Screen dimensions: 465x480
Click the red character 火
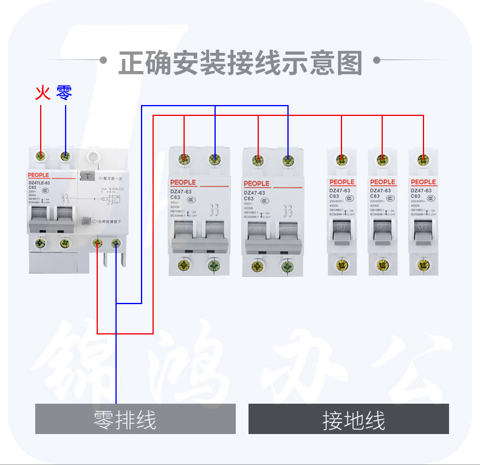tap(41, 92)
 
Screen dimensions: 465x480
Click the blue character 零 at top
tap(64, 92)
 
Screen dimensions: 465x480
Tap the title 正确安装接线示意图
tap(240, 62)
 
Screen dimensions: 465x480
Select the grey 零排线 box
tap(135, 419)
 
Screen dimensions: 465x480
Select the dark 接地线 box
tap(348, 419)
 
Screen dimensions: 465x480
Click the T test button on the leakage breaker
tap(88, 177)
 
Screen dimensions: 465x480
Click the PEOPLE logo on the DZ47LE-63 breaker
tap(38, 175)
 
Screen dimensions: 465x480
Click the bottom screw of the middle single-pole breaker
tap(382, 265)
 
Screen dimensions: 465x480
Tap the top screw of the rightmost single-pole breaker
tap(423, 160)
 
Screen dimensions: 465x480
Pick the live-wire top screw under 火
tap(41, 156)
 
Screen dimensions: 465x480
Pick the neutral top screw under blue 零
tap(64, 156)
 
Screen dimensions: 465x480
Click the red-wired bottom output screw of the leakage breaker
tap(97, 244)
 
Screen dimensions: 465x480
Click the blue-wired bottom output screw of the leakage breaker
tap(116, 244)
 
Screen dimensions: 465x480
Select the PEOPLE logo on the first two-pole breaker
tap(183, 182)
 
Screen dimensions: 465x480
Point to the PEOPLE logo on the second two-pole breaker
tap(256, 183)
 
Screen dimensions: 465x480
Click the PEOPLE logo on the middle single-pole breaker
tap(382, 182)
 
